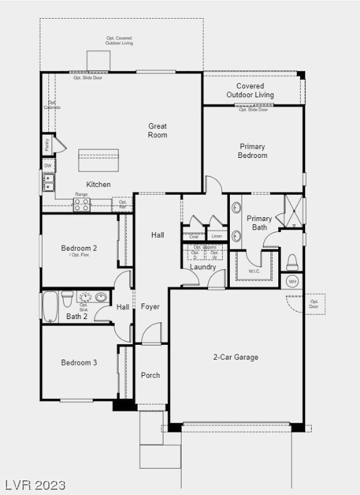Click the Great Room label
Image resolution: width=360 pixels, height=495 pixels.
coord(158,131)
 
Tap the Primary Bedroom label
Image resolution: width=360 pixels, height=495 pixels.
coord(252,151)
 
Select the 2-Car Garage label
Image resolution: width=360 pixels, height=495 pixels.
coord(236,357)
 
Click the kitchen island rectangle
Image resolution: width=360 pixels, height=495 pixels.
coord(99,159)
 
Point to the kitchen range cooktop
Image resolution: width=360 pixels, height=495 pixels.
coord(82,205)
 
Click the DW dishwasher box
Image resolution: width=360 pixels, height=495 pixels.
coord(48,166)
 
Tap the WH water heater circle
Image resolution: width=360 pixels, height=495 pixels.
coord(292,282)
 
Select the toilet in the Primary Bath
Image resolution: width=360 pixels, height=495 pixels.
coord(292,261)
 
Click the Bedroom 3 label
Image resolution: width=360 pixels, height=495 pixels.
coord(79,363)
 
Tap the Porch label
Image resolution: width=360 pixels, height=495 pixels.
coord(151,375)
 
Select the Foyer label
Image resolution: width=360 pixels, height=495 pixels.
coord(150,307)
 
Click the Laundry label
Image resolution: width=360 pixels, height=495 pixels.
coord(203,267)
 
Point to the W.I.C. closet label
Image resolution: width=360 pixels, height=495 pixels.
coord(254,271)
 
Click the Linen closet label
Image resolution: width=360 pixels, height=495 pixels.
coord(217,237)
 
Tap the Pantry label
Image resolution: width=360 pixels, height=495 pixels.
coord(47,145)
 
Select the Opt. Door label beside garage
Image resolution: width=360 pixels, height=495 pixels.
coord(314,304)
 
